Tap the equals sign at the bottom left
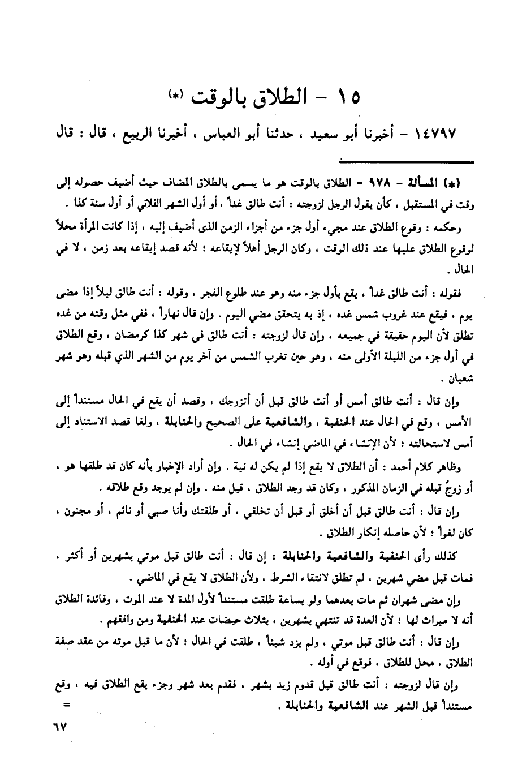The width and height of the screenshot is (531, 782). (x=67, y=706)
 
